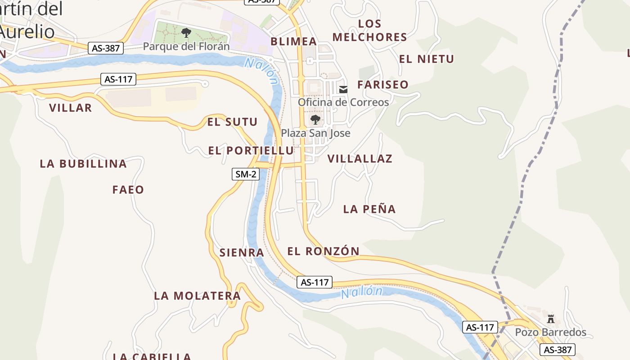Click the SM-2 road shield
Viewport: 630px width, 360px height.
pyautogui.click(x=246, y=174)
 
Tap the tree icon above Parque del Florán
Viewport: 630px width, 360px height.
pyautogui.click(x=186, y=32)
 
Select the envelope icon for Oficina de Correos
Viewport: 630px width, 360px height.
pyautogui.click(x=344, y=89)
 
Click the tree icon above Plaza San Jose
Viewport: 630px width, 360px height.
pyautogui.click(x=315, y=120)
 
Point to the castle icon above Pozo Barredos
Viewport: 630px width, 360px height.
pyautogui.click(x=550, y=319)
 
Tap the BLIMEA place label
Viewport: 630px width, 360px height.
pyautogui.click(x=293, y=41)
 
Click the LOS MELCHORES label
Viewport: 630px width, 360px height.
pyautogui.click(x=369, y=30)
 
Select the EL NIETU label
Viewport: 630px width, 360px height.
pyautogui.click(x=427, y=59)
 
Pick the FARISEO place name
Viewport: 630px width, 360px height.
pyautogui.click(x=383, y=85)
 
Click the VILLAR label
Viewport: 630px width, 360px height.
pyautogui.click(x=70, y=108)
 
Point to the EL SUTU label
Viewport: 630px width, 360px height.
pyautogui.click(x=232, y=122)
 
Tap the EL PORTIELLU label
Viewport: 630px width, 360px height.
pyautogui.click(x=251, y=151)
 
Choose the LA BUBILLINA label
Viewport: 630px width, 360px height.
pyautogui.click(x=83, y=164)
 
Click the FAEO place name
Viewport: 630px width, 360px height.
pyautogui.click(x=128, y=190)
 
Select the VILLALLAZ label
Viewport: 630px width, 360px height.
pyautogui.click(x=360, y=159)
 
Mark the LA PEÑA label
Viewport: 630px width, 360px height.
pyautogui.click(x=369, y=209)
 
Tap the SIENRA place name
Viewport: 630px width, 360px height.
pyautogui.click(x=242, y=253)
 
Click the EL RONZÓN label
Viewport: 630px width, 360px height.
pyautogui.click(x=324, y=252)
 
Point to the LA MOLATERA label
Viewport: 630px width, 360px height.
pyautogui.click(x=198, y=296)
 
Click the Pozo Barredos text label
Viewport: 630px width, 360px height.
pyautogui.click(x=551, y=333)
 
